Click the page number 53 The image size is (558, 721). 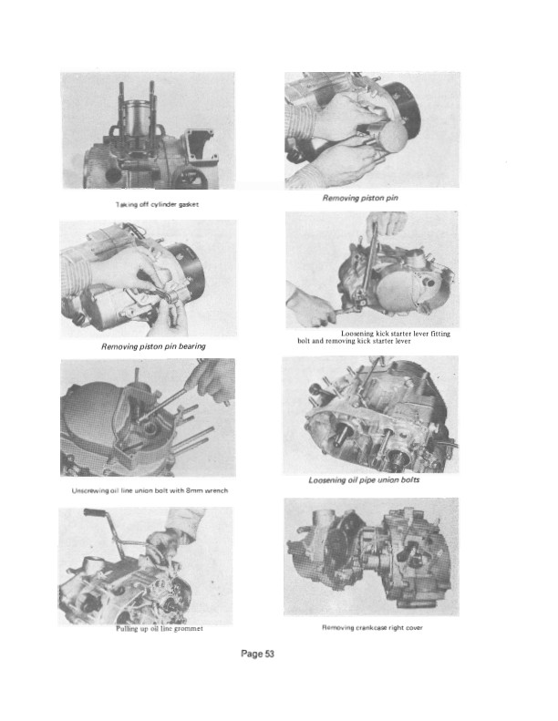269,654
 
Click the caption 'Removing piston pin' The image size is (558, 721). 360,198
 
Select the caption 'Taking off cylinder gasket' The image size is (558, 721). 158,204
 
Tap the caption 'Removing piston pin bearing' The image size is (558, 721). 153,346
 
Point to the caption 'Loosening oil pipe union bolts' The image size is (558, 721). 364,480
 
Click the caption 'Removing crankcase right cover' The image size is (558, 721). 372,627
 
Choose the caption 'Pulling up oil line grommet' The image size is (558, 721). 160,629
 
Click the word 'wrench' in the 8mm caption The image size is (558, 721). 216,490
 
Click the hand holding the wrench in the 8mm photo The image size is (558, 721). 212,379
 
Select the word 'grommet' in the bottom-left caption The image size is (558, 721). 188,629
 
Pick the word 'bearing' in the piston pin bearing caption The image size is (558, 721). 191,346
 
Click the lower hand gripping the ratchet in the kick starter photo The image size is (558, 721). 312,305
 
